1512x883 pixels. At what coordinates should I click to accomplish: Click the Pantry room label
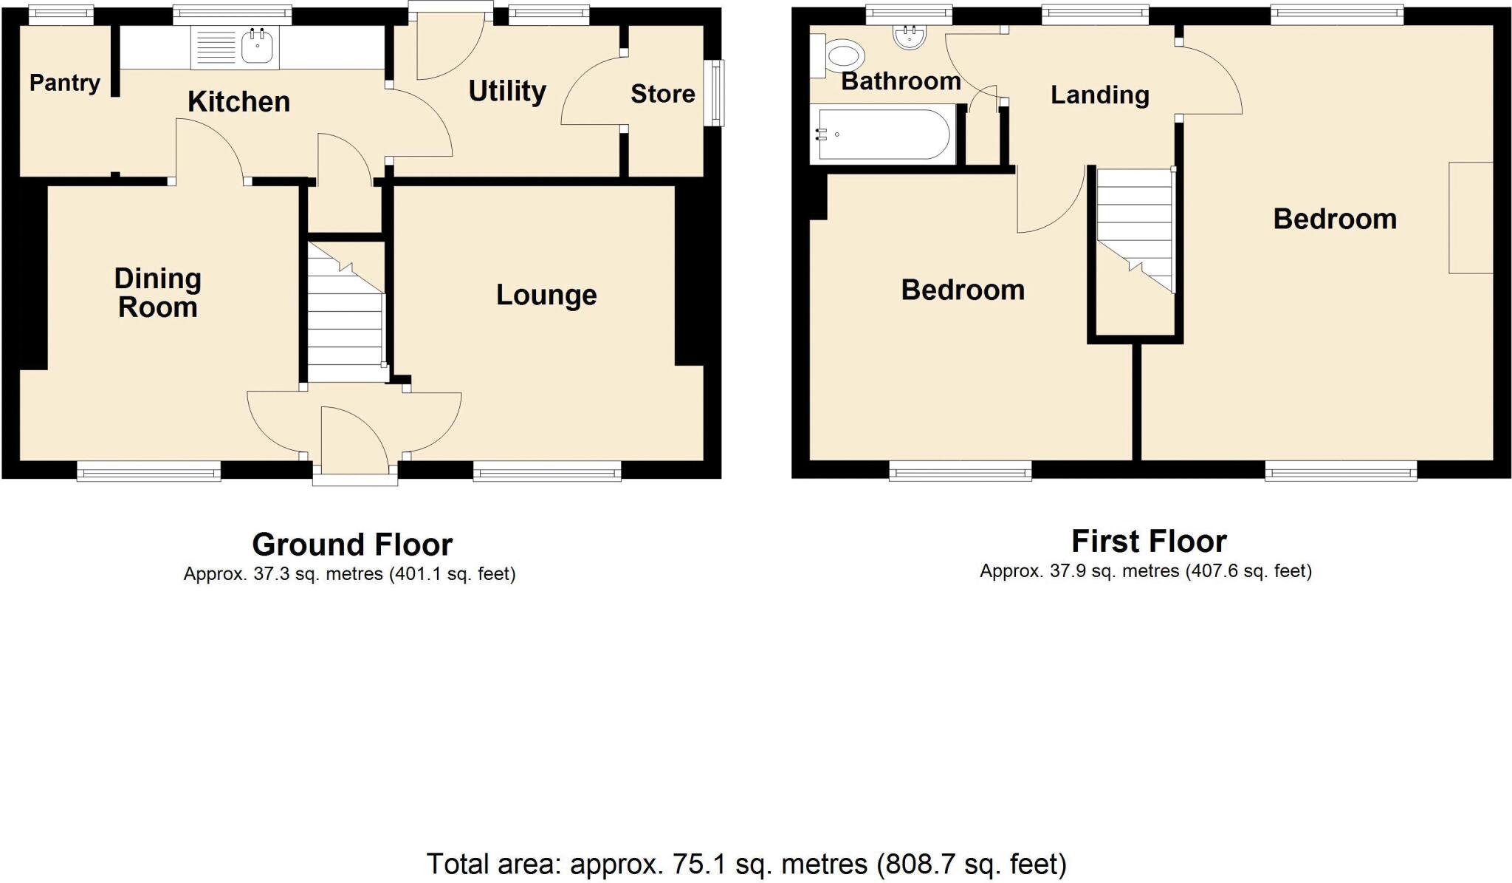[x=65, y=83]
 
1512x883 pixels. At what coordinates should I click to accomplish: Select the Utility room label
[x=507, y=92]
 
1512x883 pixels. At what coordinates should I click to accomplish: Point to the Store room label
[x=662, y=94]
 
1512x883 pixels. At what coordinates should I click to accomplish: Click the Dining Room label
[x=157, y=293]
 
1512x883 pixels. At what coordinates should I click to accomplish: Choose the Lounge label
[x=546, y=295]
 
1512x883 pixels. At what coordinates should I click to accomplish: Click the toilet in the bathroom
[x=844, y=55]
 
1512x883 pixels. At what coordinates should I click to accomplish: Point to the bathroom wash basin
[x=908, y=37]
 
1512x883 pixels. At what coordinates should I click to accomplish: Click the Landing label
[x=1099, y=95]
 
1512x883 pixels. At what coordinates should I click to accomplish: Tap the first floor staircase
[x=1134, y=222]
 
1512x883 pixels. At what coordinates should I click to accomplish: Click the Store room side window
[x=714, y=92]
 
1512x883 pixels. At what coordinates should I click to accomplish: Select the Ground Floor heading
[x=352, y=545]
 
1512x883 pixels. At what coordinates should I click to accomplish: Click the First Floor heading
[x=1148, y=542]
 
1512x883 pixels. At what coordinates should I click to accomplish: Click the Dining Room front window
[x=148, y=470]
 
